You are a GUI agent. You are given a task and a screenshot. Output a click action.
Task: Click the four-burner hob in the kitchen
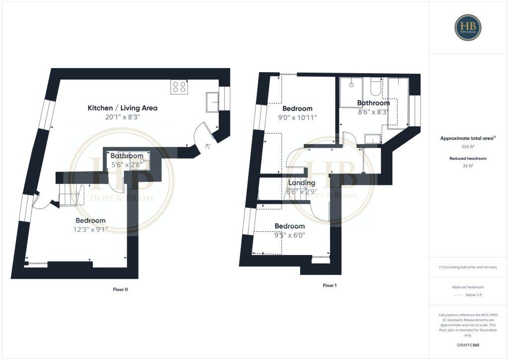(179, 87)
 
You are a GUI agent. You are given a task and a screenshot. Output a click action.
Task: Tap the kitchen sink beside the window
(211, 102)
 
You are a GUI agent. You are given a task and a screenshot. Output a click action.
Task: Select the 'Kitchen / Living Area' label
(122, 108)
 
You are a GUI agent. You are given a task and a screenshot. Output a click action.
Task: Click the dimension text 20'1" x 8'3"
(123, 117)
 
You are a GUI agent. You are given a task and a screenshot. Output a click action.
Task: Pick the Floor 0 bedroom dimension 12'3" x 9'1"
(91, 230)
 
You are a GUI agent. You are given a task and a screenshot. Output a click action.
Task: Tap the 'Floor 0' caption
(120, 289)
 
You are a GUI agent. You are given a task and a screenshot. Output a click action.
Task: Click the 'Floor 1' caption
(330, 285)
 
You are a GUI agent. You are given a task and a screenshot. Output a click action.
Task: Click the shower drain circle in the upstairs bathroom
(351, 85)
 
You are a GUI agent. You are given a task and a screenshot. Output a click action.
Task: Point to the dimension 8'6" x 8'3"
(372, 113)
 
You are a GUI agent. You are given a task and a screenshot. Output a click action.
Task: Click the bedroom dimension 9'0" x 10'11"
(297, 118)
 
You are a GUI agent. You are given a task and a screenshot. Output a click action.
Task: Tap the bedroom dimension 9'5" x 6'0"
(290, 235)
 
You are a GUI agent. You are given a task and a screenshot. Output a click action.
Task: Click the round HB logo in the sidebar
(468, 27)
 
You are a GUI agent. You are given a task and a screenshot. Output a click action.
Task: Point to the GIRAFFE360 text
(468, 345)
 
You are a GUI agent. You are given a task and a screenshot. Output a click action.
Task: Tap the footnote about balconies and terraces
(468, 267)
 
